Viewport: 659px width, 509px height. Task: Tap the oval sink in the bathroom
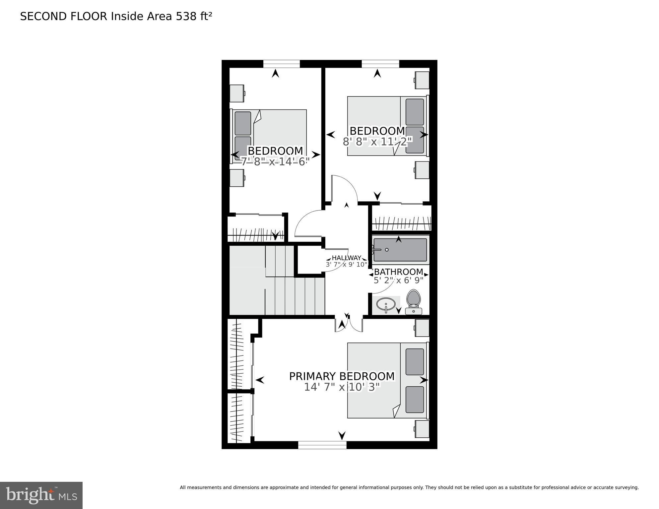[x=386, y=303]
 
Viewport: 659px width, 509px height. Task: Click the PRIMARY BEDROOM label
[x=342, y=376]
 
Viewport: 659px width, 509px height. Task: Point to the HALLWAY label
[x=346, y=258]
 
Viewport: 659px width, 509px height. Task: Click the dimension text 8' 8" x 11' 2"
[x=377, y=142]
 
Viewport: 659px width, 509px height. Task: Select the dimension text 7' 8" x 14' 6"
[x=275, y=161]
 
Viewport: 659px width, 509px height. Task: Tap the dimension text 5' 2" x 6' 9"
[x=398, y=281]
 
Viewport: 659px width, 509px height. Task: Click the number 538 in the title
[x=186, y=16]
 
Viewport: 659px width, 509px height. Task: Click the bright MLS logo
[x=41, y=495]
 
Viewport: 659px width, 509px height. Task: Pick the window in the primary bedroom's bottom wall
[x=322, y=445]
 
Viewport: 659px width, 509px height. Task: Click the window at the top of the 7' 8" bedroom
[x=281, y=64]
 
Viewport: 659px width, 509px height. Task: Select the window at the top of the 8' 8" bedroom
[x=380, y=64]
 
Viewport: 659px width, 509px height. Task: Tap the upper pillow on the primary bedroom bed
[x=415, y=362]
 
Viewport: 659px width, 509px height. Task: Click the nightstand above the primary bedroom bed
[x=422, y=328]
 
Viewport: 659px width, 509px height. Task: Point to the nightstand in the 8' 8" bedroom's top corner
[x=422, y=80]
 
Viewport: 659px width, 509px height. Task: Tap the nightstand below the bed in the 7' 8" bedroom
[x=237, y=178]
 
